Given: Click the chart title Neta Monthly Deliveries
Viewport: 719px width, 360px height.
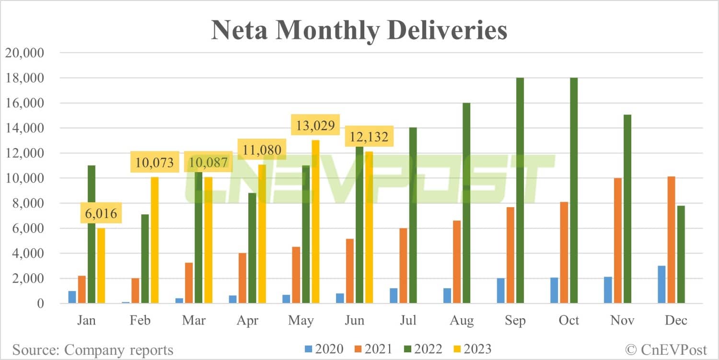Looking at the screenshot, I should (359, 30).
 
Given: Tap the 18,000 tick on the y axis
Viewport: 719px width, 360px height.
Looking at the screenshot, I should (24, 78).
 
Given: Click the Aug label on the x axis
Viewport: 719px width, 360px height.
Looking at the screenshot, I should (462, 320).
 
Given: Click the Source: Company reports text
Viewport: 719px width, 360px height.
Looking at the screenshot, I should (93, 349).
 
